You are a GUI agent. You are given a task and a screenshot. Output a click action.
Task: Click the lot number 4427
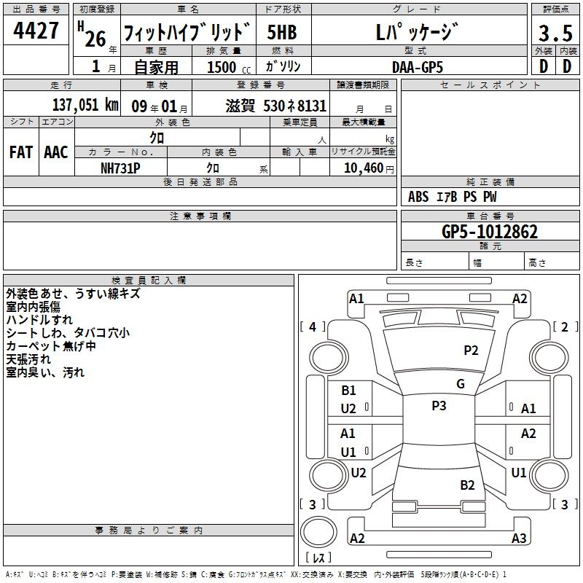(x=36, y=30)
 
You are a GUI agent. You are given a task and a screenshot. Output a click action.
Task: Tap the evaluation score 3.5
(x=555, y=33)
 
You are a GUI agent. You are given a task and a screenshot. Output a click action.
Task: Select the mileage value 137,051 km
(x=85, y=105)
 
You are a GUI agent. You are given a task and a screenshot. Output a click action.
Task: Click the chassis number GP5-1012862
(x=490, y=232)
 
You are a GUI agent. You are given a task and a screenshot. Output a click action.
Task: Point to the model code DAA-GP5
(x=418, y=67)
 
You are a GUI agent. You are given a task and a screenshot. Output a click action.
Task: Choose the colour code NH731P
(x=120, y=168)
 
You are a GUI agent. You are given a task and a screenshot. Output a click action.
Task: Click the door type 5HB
(x=282, y=32)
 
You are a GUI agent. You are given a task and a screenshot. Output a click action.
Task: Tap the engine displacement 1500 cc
(x=229, y=67)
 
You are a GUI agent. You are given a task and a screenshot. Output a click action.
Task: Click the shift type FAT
(x=21, y=152)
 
